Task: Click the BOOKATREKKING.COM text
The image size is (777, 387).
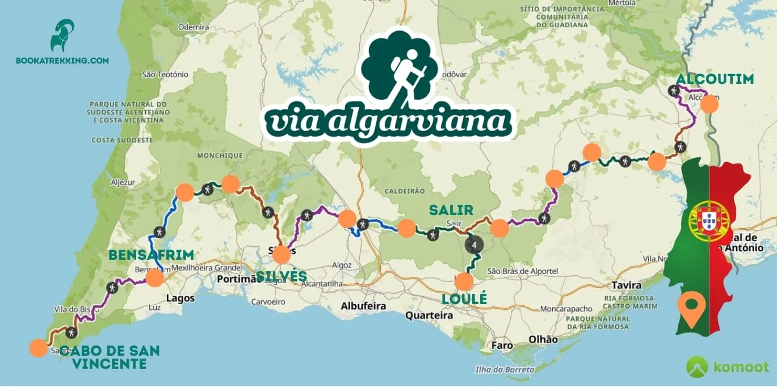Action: (62, 60)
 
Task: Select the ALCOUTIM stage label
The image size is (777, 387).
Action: (715, 78)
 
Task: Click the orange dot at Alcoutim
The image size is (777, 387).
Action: (709, 104)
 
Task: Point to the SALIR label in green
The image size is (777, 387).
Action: (451, 210)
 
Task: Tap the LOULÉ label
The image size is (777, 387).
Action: (464, 298)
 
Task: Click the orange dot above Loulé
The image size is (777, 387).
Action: (464, 281)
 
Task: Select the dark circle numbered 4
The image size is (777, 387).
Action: (474, 245)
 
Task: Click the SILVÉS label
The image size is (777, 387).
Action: (282, 277)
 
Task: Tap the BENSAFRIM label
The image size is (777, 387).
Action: (152, 255)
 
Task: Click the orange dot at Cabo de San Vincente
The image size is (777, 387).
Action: (38, 348)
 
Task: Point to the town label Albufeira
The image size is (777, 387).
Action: (363, 306)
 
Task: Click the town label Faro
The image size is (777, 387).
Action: (502, 345)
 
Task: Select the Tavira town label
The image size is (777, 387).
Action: (627, 285)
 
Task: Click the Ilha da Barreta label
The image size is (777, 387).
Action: (505, 369)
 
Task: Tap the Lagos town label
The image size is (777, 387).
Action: (180, 298)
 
